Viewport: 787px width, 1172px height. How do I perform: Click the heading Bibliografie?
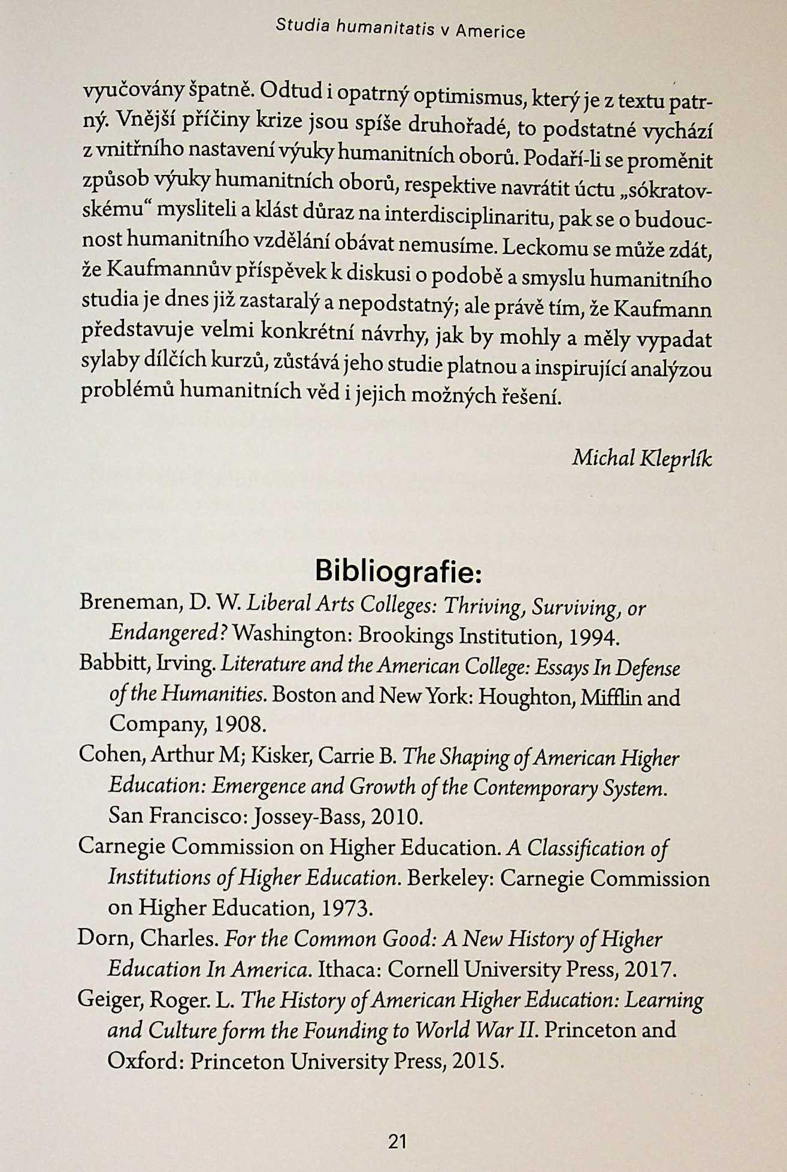[398, 571]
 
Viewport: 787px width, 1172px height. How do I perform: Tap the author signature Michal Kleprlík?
[641, 458]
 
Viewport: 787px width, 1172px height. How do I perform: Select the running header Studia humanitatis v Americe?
[400, 28]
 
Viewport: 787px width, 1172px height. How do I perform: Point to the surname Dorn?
[102, 938]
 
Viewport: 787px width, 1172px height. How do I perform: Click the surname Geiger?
[109, 999]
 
